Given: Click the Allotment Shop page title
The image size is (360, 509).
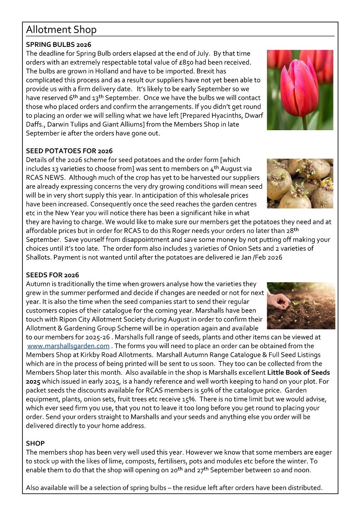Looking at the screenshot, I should tap(61, 30).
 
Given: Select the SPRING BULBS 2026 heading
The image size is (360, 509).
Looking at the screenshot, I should tap(58, 44).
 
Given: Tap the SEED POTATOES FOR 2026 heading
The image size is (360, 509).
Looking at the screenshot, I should tap(69, 151).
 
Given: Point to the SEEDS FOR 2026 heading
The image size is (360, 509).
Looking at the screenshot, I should tap(52, 275).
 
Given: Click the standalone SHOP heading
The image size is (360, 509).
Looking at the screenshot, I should tap(35, 444).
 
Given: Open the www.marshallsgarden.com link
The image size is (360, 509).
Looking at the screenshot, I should tap(68, 346).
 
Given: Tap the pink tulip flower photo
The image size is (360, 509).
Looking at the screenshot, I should tap(300, 90).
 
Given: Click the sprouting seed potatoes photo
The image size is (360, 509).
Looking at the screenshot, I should tap(300, 183).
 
